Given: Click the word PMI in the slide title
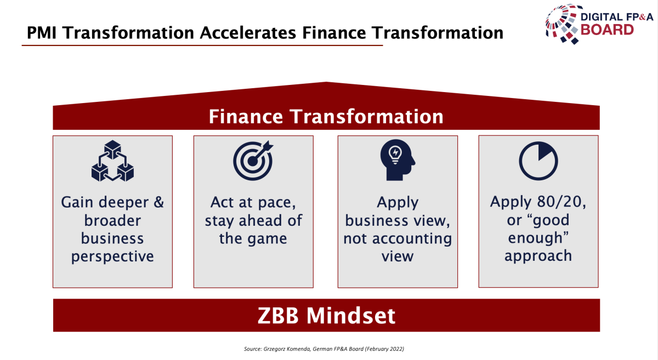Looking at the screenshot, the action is (42, 32).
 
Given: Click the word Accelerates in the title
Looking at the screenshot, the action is (248, 32).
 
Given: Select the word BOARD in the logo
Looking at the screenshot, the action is (607, 30).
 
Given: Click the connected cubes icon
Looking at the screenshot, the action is (112, 161).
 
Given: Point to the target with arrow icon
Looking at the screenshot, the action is (253, 161).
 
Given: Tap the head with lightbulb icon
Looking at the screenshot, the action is (398, 160).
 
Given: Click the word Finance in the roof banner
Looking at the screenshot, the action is (246, 117).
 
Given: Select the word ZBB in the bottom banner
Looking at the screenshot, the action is (278, 316).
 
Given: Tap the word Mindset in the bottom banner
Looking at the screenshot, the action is (351, 316).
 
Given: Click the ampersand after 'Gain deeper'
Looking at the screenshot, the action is (158, 202).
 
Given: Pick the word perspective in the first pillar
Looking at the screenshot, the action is (112, 256).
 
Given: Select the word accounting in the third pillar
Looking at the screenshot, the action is (412, 238).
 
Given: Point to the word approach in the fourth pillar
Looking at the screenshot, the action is (538, 256).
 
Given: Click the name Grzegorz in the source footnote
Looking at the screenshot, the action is (273, 349).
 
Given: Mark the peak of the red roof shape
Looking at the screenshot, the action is (326, 82).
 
